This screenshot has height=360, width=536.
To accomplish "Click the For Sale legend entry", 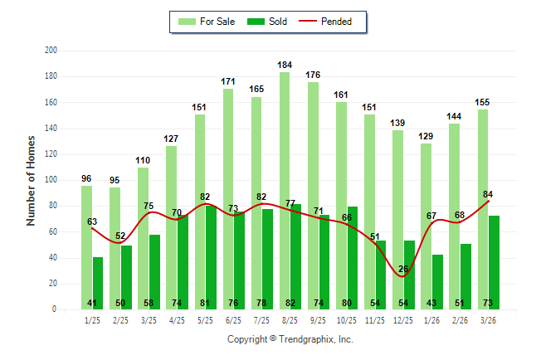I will click(208, 22).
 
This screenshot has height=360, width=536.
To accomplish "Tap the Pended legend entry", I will click(332, 22).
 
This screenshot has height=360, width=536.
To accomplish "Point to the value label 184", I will click(285, 65).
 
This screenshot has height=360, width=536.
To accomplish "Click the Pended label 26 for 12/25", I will click(403, 269).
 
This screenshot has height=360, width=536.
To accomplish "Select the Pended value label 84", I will click(488, 195).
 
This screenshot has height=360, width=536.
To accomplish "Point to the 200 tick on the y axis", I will click(50, 51).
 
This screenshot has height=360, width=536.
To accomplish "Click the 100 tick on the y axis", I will click(50, 180).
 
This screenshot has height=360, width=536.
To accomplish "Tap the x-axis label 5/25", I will click(205, 319).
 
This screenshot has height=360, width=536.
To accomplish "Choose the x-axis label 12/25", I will click(402, 319).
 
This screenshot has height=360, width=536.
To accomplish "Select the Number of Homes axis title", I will click(32, 180).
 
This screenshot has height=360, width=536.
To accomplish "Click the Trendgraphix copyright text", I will click(290, 339).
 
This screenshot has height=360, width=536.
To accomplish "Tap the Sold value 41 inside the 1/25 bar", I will click(92, 303).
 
